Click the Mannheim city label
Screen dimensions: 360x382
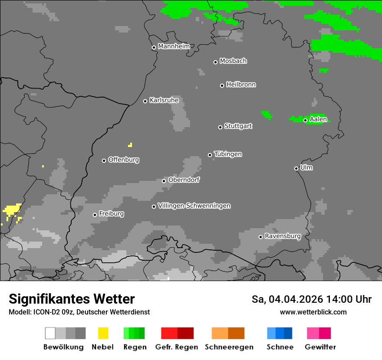[x=174, y=46]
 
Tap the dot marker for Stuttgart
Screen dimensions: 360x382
[x=220, y=127]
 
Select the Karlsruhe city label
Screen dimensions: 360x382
[x=164, y=100]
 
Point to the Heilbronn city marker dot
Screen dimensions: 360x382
[x=222, y=85]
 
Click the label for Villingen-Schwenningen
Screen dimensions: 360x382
[x=194, y=206]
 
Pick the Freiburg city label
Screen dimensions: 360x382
[x=111, y=214]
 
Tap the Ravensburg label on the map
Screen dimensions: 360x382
[x=283, y=236]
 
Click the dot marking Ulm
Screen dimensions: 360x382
[x=296, y=168]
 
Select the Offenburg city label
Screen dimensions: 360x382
[x=123, y=160]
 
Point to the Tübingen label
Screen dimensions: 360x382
[x=228, y=154]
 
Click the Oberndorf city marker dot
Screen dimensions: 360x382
[x=164, y=181]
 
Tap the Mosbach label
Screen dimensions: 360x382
[x=233, y=61]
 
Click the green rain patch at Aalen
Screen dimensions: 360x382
[x=315, y=120]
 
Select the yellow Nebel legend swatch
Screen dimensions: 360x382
[x=103, y=333]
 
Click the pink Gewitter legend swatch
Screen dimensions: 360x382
[x=313, y=333]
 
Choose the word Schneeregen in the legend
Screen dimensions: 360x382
[x=229, y=347]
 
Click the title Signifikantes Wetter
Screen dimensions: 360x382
[x=72, y=299]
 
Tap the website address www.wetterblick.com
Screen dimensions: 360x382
[x=313, y=312]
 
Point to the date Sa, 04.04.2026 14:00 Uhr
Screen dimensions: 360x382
[x=311, y=299]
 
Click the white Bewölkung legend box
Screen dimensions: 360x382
[x=50, y=333]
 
